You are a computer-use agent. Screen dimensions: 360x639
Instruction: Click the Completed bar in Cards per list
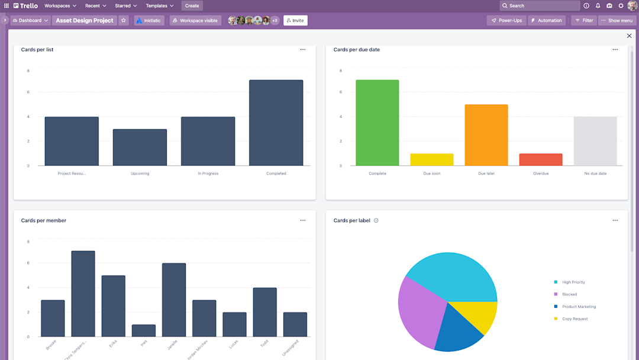click(x=276, y=123)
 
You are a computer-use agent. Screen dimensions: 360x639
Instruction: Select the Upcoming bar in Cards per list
click(x=140, y=147)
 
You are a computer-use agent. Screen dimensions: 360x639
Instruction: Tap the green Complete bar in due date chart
click(x=377, y=123)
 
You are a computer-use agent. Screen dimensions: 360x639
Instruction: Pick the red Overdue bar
click(x=540, y=160)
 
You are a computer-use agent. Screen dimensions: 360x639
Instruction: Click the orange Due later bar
click(x=486, y=135)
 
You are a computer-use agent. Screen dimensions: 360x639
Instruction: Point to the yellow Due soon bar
click(x=431, y=160)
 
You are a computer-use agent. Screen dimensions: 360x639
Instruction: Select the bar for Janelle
click(x=173, y=300)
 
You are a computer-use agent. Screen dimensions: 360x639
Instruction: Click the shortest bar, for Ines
click(x=143, y=330)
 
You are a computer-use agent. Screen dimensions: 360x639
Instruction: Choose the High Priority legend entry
click(x=573, y=282)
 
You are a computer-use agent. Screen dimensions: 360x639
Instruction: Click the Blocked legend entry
click(x=569, y=294)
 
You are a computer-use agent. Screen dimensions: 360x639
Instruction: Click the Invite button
click(x=295, y=20)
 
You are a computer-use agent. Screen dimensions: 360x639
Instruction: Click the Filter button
click(x=583, y=20)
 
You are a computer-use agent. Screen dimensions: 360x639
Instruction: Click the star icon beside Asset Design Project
click(x=124, y=20)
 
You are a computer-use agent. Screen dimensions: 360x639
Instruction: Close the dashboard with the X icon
click(x=629, y=36)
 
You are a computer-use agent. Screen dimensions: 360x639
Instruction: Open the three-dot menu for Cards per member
click(x=303, y=220)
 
